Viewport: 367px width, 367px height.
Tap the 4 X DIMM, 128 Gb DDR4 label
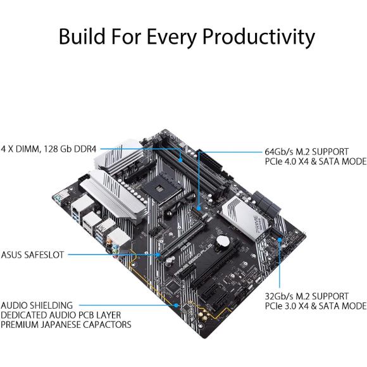[x=50, y=149]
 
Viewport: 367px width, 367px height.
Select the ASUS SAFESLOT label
[x=32, y=255]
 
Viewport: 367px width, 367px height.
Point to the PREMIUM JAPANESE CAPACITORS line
[x=66, y=325]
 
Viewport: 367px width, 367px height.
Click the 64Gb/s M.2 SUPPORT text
[x=304, y=152]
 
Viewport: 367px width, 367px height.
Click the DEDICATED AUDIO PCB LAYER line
[x=60, y=315]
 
